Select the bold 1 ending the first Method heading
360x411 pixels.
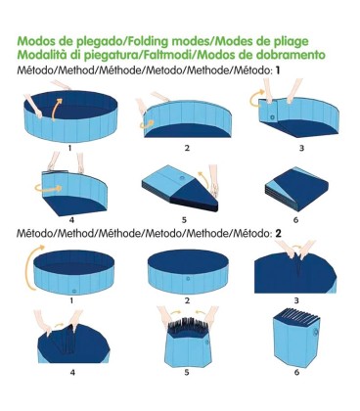277,71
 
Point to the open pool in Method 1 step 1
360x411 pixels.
68,117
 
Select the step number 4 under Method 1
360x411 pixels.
70,221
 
